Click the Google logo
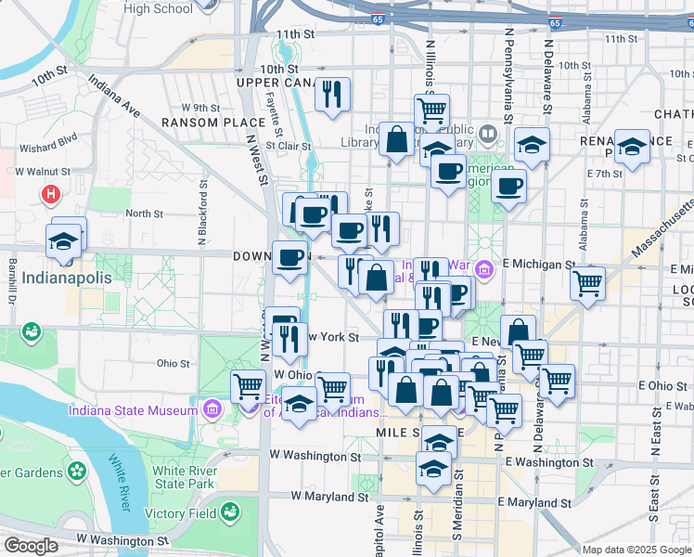pyautogui.click(x=30, y=546)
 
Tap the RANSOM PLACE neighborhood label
pyautogui.click(x=200, y=123)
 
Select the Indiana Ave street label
pyautogui.click(x=114, y=97)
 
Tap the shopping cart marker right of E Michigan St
pyautogui.click(x=587, y=284)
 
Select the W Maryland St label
pyautogui.click(x=324, y=496)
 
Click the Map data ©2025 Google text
pyautogui.click(x=636, y=550)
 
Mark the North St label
pyautogui.click(x=144, y=214)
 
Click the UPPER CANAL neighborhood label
pyautogui.click(x=270, y=84)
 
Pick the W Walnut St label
pyautogui.click(x=42, y=172)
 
